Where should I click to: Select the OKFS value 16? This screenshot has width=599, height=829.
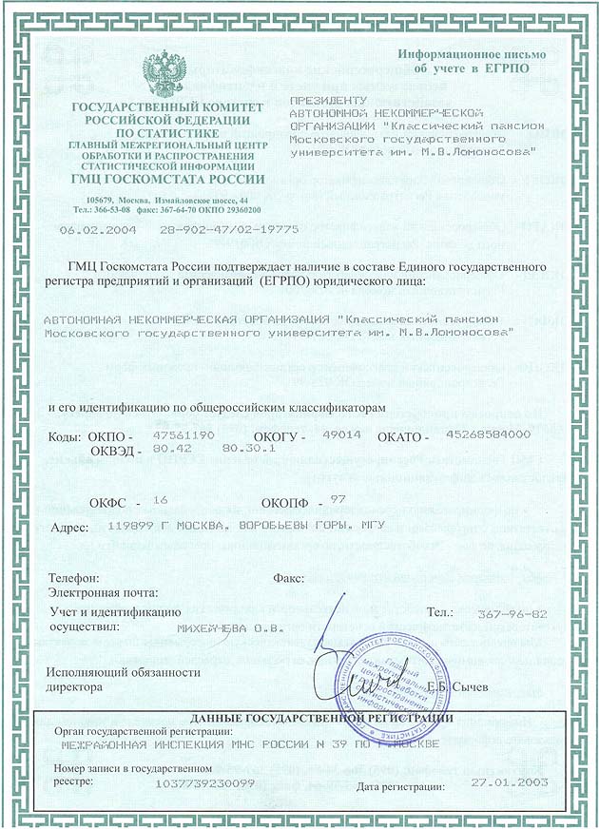click(159, 498)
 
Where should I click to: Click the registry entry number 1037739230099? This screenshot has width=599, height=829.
click(203, 782)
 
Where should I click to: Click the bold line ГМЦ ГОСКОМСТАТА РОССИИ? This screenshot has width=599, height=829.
click(166, 180)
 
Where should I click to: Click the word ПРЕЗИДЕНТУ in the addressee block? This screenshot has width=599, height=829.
click(326, 100)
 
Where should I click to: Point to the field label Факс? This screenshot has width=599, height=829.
click(287, 577)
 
